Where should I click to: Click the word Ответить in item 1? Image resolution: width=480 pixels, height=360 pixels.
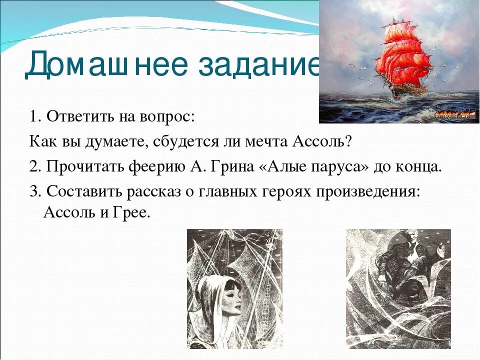80,117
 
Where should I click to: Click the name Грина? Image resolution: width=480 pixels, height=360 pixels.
228,167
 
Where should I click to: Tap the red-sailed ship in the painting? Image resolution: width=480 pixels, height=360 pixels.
400,60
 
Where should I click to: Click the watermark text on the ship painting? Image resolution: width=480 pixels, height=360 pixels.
454,115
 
